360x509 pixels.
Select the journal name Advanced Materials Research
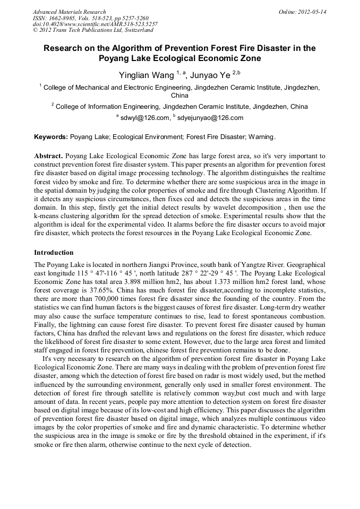[x=69, y=12]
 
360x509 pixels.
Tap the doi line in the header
[x=95, y=24]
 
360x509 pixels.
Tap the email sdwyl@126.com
[x=145, y=118]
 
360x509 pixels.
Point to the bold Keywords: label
[x=51, y=137]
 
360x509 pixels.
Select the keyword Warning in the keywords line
[x=260, y=137]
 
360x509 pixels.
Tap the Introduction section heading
[x=54, y=252]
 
